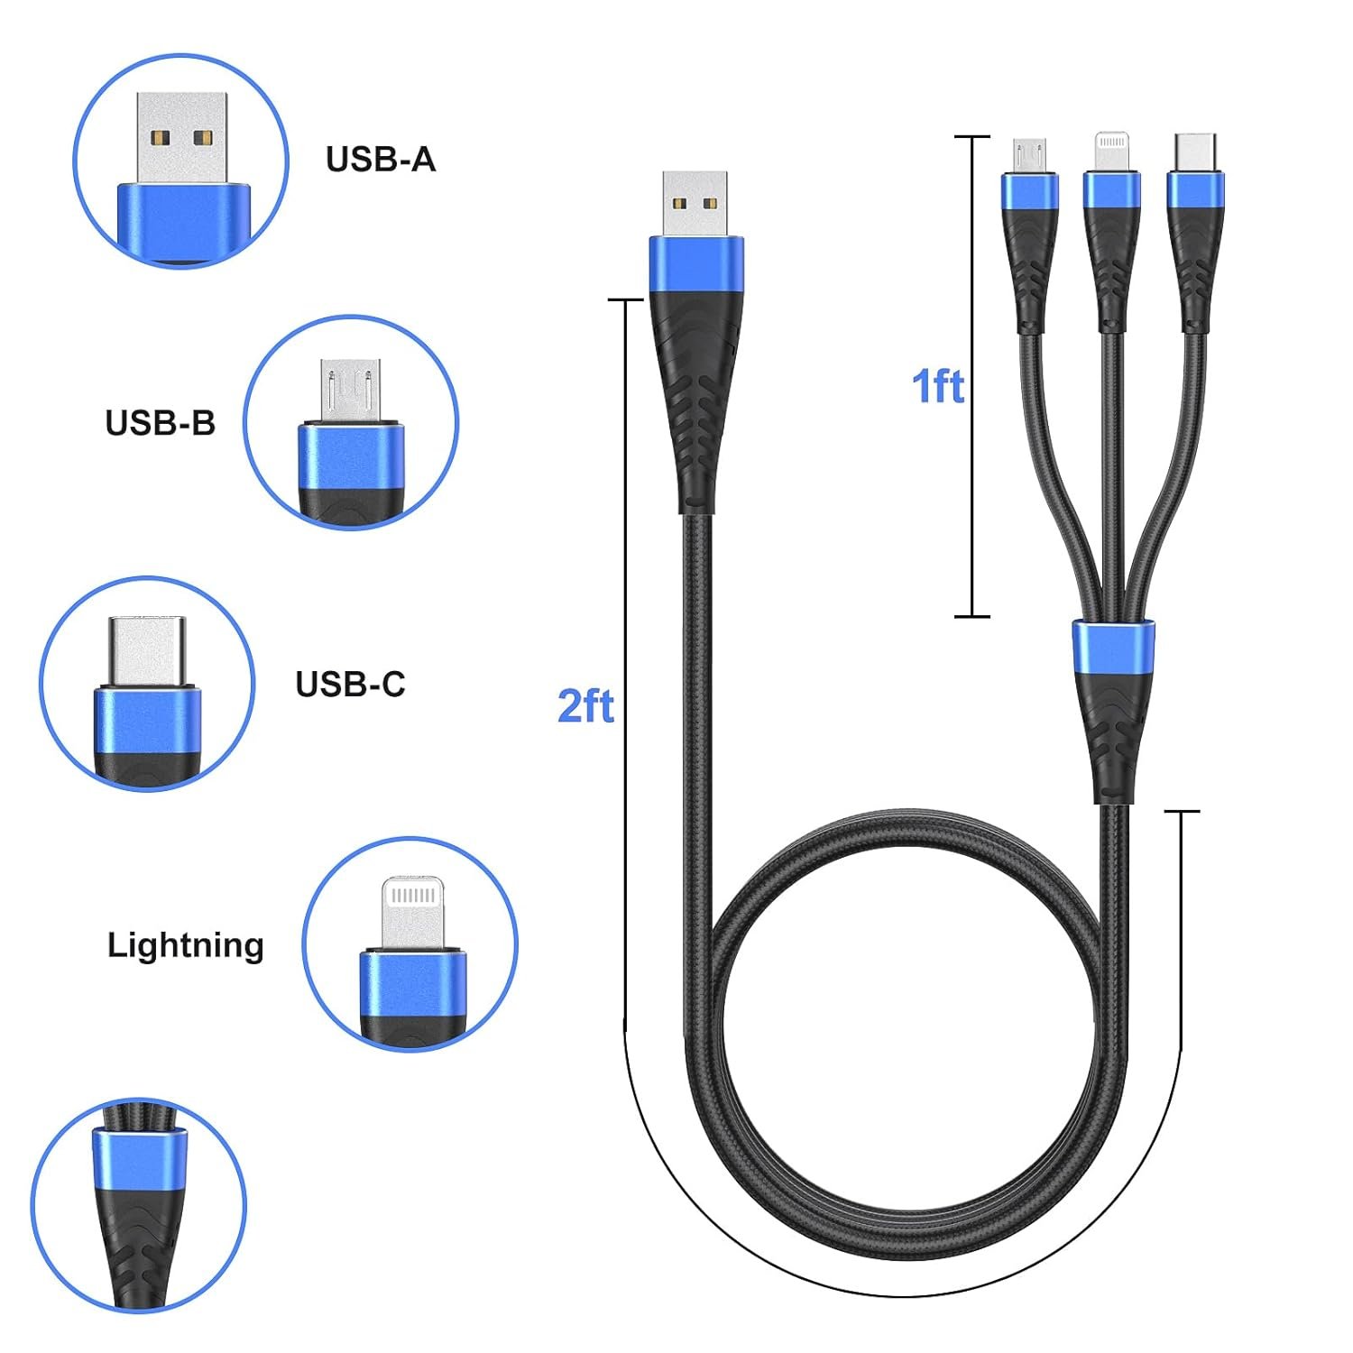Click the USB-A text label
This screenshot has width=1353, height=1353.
(x=381, y=160)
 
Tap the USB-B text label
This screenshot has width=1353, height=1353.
(x=161, y=423)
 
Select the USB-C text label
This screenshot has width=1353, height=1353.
(x=350, y=685)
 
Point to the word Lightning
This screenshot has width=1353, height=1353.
(x=186, y=945)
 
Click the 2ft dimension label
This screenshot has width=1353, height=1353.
(x=585, y=705)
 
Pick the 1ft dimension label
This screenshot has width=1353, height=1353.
(x=938, y=386)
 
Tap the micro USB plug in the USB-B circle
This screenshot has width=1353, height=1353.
(x=351, y=390)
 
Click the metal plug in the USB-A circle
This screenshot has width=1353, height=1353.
(x=181, y=137)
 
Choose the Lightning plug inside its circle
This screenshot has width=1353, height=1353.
(x=411, y=913)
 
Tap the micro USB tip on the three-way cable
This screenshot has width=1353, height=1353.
(x=1028, y=154)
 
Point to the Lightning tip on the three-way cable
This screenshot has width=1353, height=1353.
(x=1111, y=151)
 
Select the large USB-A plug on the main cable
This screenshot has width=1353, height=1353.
(x=695, y=202)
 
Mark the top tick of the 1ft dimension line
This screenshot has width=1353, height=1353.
(x=971, y=137)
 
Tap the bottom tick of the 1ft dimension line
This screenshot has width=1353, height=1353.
(x=971, y=616)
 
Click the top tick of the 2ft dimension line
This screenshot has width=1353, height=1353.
(x=625, y=299)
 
